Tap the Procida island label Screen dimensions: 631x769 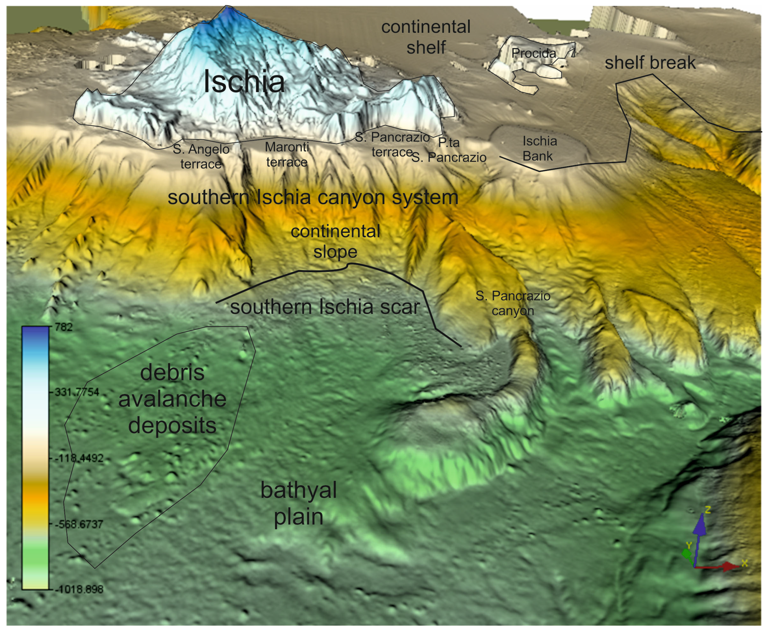pos(533,53)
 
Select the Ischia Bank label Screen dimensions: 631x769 pos(539,148)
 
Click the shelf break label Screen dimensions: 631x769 pos(650,63)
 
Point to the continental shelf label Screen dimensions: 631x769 pos(426,37)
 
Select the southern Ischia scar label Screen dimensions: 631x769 pos(325,307)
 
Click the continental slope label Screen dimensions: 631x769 pos(335,241)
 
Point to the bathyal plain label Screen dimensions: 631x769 pos(298,503)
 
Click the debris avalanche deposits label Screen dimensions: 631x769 pos(172,399)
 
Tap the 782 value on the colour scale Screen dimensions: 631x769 pos(64,327)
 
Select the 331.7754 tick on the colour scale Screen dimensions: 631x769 pos(76,392)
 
